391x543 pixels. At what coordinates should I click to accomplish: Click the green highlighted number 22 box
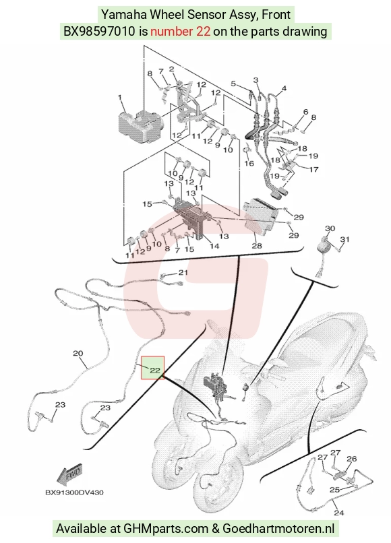point(152,368)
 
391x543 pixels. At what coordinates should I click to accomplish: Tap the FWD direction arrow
point(69,474)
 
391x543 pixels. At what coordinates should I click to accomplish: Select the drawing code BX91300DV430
point(74,492)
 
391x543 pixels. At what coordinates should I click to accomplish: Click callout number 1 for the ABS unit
point(120,98)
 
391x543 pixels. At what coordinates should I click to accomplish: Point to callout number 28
point(257,246)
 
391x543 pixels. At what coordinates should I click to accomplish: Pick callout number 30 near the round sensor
point(330,228)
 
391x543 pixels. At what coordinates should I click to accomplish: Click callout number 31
point(344,239)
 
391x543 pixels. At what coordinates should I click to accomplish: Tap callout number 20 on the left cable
point(78,353)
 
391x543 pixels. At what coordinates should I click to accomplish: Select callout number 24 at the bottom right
point(338,512)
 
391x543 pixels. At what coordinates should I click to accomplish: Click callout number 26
point(351,459)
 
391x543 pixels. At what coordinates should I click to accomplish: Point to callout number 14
point(214,246)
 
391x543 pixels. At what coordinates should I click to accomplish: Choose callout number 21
point(183,273)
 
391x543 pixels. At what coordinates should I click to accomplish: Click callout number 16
point(249,163)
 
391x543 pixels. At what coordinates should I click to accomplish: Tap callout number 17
point(313,169)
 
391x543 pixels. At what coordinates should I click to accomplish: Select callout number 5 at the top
point(233,84)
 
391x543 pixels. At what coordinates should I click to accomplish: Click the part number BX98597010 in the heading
point(99,32)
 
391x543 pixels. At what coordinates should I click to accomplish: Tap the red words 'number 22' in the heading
point(180,32)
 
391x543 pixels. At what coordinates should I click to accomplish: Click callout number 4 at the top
point(284,88)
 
